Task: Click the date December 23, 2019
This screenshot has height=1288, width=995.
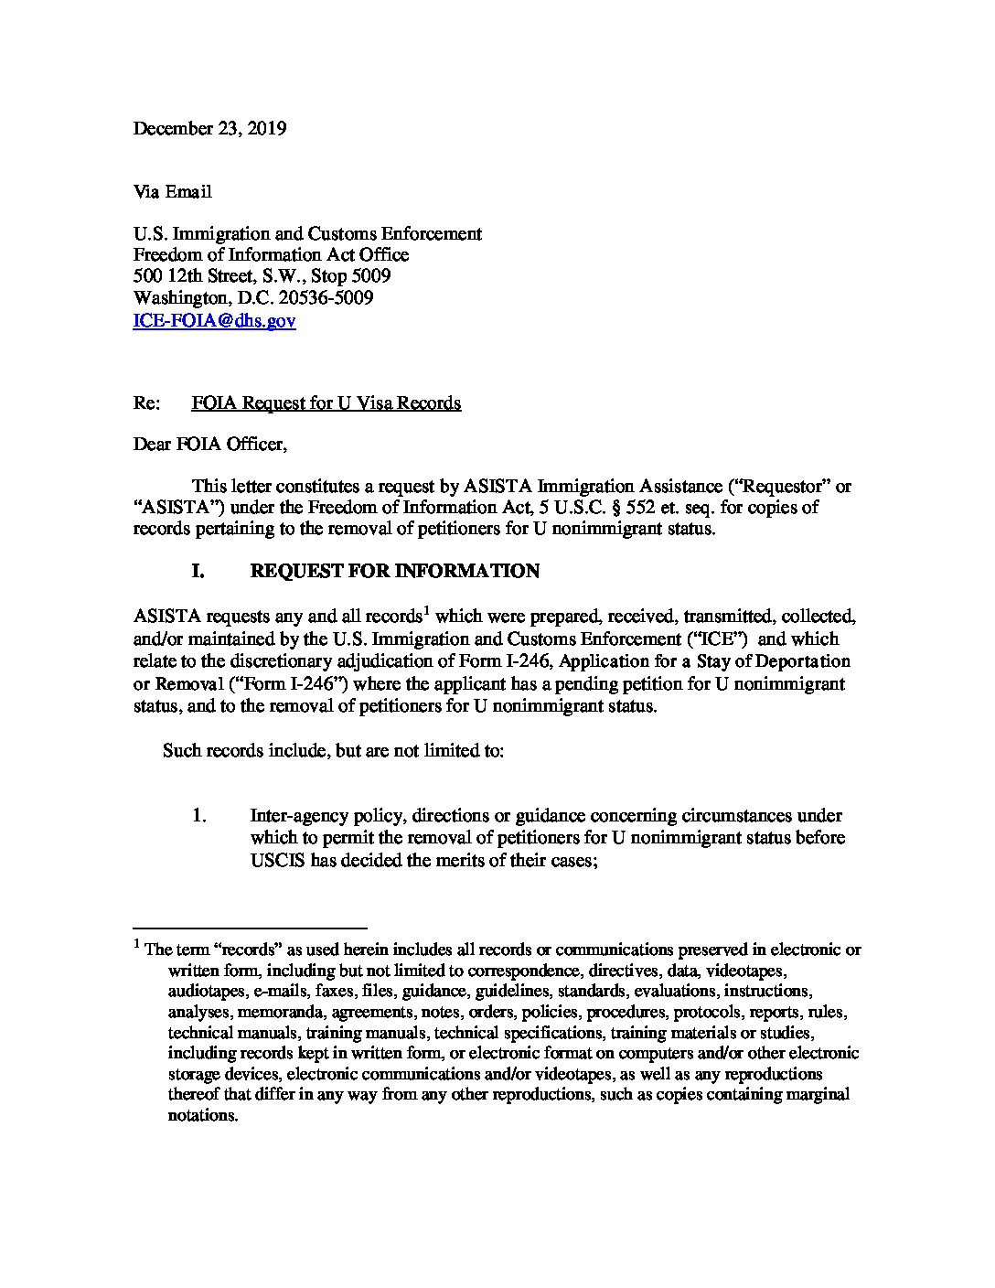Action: click(209, 128)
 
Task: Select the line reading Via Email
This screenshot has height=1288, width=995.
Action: click(173, 192)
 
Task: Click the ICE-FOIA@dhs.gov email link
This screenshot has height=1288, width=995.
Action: click(214, 321)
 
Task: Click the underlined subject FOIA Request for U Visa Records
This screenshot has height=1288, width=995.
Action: click(326, 403)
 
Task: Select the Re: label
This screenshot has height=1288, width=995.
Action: click(146, 403)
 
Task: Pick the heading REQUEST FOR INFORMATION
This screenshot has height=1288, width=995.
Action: click(394, 572)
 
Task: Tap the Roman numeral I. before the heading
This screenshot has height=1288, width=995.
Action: click(197, 572)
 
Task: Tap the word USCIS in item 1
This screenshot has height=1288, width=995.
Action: click(279, 860)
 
